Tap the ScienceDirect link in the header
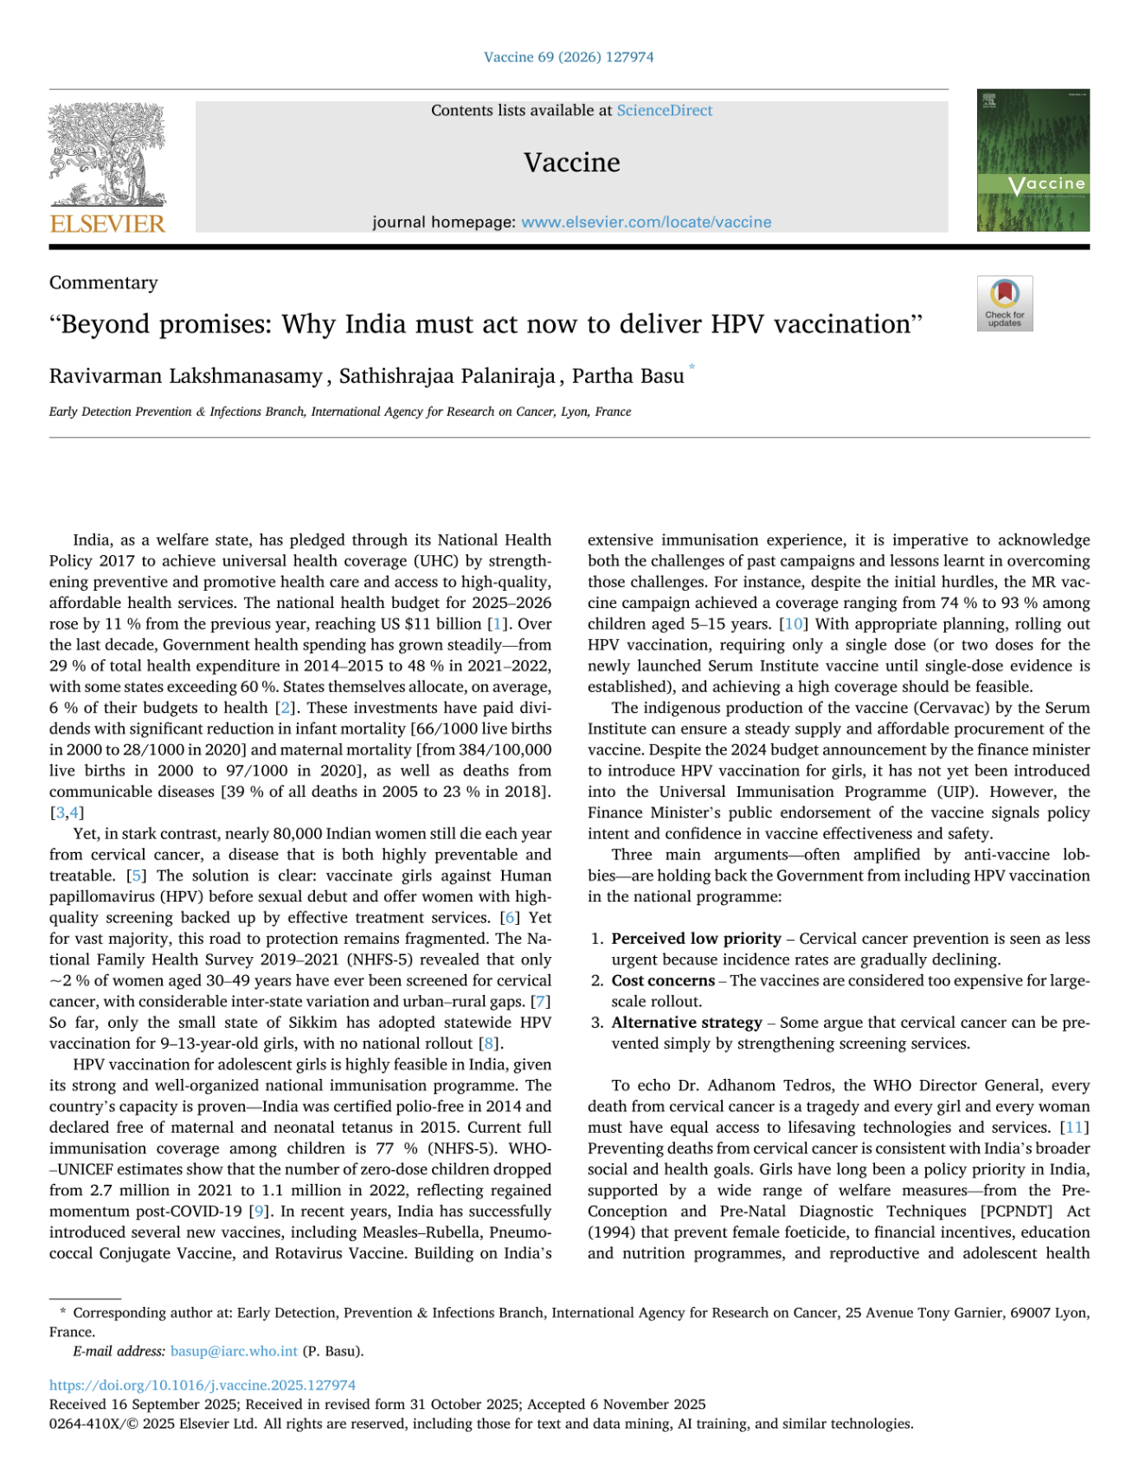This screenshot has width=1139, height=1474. point(664,110)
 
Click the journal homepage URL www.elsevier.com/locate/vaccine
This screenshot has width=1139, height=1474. point(646,222)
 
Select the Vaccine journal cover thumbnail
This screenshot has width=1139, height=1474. point(1033,160)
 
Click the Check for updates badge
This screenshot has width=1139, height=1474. point(1004,303)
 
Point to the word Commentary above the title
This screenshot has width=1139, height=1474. point(104,282)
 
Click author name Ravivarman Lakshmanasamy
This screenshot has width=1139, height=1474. point(185,376)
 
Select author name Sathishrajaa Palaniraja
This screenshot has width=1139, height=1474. point(447,376)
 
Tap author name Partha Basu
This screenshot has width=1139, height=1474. point(627,376)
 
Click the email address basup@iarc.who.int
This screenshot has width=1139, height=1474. point(234,1351)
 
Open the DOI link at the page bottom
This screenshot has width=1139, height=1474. point(202,1385)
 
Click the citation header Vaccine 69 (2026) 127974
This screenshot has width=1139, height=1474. point(569,57)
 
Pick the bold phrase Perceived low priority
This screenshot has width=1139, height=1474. point(696,939)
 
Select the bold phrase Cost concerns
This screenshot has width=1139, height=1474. point(663,980)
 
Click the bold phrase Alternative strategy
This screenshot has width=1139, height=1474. point(686,1023)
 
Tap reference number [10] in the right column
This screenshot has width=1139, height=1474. point(794,624)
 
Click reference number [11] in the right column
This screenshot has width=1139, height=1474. point(1075,1128)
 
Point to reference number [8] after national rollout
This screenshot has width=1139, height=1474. point(491,1044)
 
